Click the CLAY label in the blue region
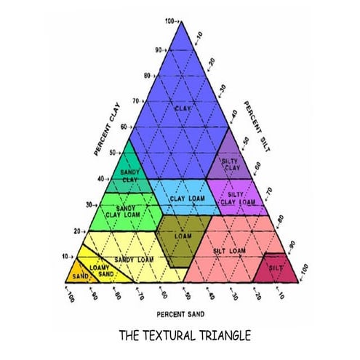[182, 108]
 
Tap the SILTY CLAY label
[231, 164]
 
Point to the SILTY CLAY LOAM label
[241, 198]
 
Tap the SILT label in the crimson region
[276, 268]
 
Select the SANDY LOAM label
[133, 260]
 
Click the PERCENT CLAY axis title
[105, 129]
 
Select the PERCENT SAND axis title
[180, 314]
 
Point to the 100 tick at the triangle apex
[170, 22]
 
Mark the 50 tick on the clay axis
[111, 153]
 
